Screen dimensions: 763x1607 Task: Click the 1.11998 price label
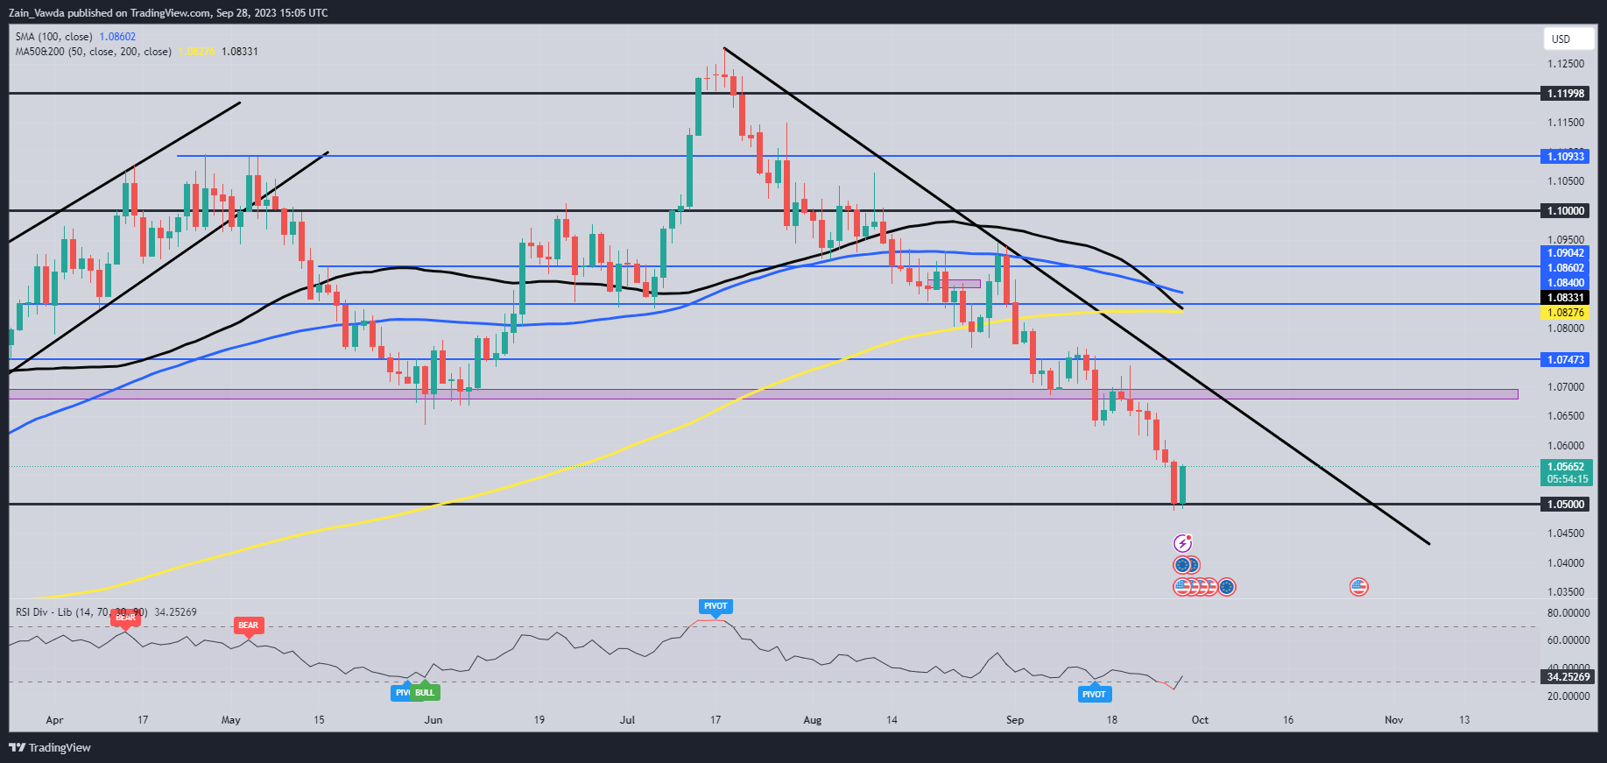click(x=1566, y=94)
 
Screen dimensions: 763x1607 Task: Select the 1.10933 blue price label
click(x=1566, y=157)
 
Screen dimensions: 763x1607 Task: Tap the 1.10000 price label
click(x=1566, y=211)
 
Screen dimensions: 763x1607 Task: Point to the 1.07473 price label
click(x=1566, y=360)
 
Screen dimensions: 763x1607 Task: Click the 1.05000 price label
click(x=1566, y=505)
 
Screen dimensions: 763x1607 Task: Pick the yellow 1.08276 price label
click(x=1566, y=313)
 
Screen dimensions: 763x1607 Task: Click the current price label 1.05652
click(x=1566, y=467)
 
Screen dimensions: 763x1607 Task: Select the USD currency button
click(x=1561, y=39)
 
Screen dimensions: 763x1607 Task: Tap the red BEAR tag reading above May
click(x=248, y=625)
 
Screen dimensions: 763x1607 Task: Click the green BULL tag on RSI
click(x=425, y=692)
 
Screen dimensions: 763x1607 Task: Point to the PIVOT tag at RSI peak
click(x=715, y=606)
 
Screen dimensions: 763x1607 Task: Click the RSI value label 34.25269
click(x=1568, y=677)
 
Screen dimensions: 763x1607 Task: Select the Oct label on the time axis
click(x=1200, y=720)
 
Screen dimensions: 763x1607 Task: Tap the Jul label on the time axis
click(x=627, y=720)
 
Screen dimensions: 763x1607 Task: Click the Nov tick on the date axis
click(x=1393, y=720)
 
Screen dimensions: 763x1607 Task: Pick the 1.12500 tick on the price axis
click(x=1566, y=64)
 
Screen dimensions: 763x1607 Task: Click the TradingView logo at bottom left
click(x=51, y=747)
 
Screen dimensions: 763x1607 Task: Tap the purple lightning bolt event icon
click(x=1182, y=543)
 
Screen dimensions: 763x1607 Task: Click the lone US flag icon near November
click(x=1358, y=587)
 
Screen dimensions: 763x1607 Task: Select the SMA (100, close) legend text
click(x=53, y=37)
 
